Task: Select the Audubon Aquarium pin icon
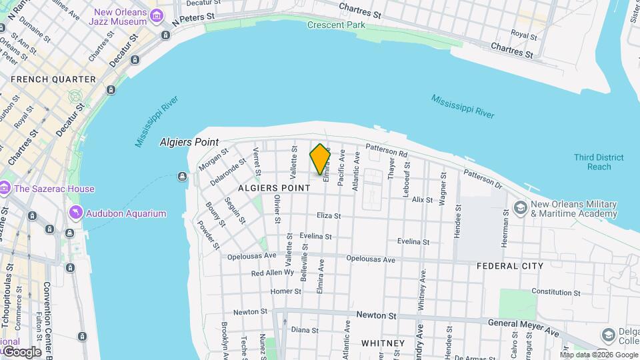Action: (x=76, y=213)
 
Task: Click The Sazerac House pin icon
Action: (x=5, y=189)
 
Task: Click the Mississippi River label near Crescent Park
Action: (x=463, y=106)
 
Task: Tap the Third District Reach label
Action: (x=599, y=162)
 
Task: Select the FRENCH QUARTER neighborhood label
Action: (x=53, y=79)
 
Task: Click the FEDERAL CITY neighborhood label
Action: (x=510, y=266)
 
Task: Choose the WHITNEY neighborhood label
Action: (x=383, y=343)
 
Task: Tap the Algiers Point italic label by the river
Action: (x=189, y=143)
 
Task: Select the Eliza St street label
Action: (x=329, y=216)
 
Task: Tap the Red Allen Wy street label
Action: (x=272, y=273)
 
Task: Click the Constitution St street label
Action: (x=551, y=292)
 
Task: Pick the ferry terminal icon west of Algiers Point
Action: (x=182, y=177)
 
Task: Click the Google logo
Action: (x=22, y=352)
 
